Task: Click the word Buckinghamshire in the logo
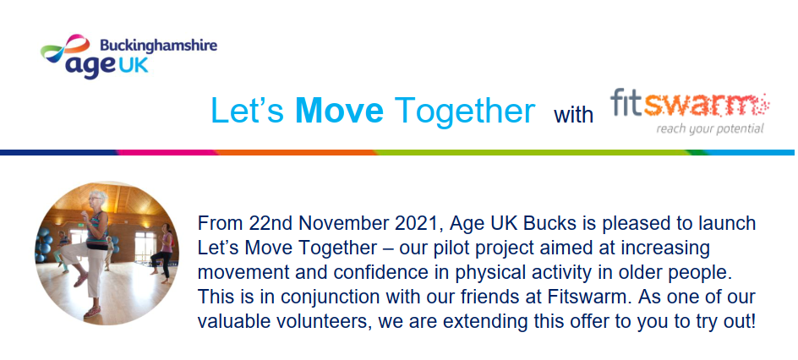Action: (x=158, y=46)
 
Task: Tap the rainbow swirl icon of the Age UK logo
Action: (x=65, y=48)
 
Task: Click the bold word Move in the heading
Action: (x=340, y=110)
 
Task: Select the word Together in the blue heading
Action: (x=465, y=111)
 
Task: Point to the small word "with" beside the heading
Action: (x=573, y=115)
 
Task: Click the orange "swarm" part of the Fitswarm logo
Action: (x=707, y=105)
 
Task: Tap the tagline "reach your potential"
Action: (x=710, y=128)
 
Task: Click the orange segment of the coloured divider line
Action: (x=295, y=152)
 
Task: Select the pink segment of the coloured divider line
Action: (x=167, y=152)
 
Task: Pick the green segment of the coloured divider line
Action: (x=534, y=152)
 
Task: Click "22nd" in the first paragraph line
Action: (x=269, y=224)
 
